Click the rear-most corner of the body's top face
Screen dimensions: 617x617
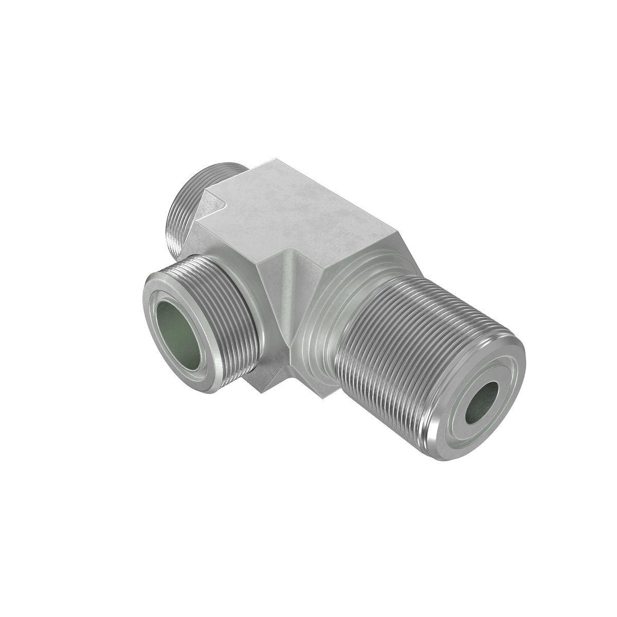pyautogui.click(x=270, y=160)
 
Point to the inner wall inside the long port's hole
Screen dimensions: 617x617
pyautogui.click(x=488, y=391)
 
